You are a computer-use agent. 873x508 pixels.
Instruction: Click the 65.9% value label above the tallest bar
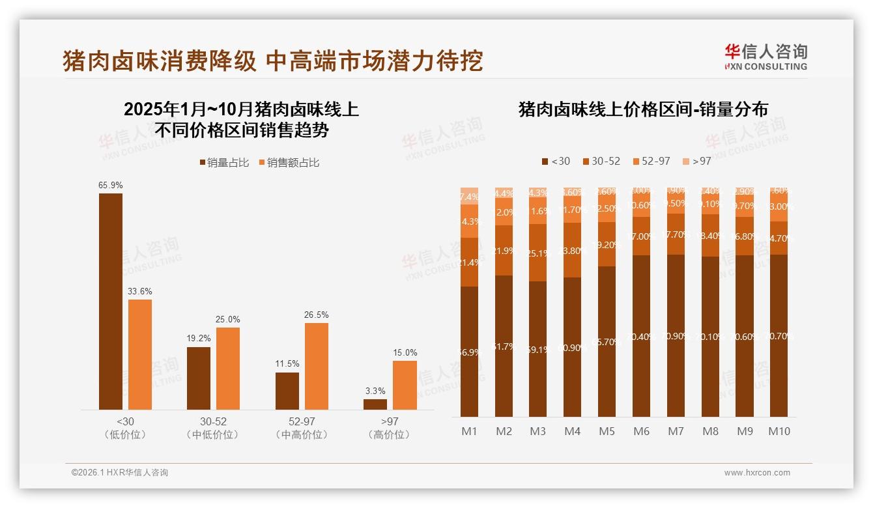111,186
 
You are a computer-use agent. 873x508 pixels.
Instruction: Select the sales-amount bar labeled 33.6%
140,354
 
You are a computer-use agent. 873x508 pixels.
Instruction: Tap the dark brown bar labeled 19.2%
199,378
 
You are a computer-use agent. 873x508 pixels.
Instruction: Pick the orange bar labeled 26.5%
317,366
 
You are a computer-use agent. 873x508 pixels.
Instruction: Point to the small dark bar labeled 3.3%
375,404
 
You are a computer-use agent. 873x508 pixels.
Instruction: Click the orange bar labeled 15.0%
405,385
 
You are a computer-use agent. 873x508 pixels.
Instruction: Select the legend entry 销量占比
224,163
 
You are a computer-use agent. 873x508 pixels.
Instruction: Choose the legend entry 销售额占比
289,163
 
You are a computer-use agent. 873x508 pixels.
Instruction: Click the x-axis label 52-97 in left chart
302,422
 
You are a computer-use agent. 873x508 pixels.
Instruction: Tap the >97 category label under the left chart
390,422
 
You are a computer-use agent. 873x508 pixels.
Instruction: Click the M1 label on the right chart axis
470,431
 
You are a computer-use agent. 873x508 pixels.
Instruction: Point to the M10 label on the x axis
779,431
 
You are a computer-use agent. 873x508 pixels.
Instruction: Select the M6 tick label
641,431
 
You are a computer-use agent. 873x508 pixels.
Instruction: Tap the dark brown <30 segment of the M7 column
676,335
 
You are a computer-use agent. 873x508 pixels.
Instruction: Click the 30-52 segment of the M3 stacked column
538,253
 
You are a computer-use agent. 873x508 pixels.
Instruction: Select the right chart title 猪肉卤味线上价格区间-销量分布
642,109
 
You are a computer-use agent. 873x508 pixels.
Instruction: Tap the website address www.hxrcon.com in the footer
756,473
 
